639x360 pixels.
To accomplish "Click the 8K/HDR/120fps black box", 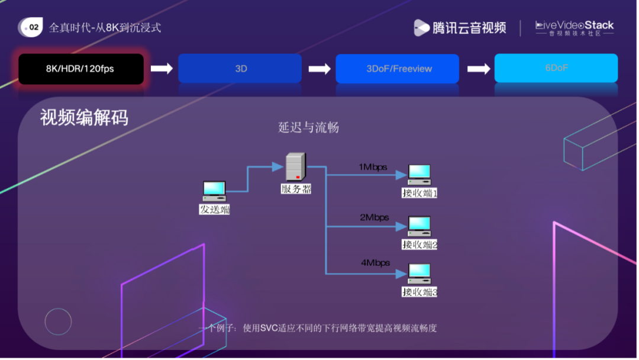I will click(81, 69).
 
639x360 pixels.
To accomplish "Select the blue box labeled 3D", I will click(240, 69).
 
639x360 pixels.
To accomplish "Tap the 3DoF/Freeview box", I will click(398, 69).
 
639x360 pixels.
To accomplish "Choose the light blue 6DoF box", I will click(556, 68).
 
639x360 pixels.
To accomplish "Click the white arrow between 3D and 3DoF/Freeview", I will click(319, 69).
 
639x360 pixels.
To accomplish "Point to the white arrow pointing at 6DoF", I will click(478, 69).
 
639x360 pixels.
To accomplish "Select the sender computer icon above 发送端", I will click(214, 191).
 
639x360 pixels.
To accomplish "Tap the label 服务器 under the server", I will click(296, 189).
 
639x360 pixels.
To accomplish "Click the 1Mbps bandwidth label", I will click(373, 167).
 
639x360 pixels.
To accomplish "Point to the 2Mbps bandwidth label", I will click(375, 217).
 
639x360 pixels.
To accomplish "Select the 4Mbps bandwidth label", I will click(375, 262).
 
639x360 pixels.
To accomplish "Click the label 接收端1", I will click(419, 193).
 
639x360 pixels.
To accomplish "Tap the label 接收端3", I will click(419, 292).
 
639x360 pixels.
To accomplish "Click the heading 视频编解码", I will click(84, 117).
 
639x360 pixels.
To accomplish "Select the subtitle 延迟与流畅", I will click(308, 127).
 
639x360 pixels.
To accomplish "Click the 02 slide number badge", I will click(31, 27).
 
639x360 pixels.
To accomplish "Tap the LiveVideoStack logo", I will click(574, 28).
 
